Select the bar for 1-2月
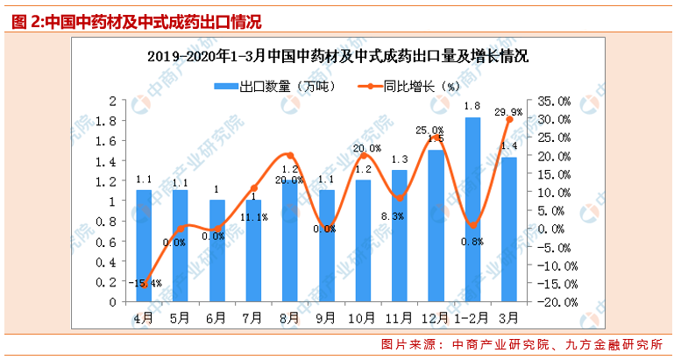coord(472,210)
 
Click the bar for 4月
coord(144,245)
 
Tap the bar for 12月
coord(436,226)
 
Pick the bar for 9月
coord(326,245)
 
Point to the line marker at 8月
coord(290,155)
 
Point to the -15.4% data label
coord(146,283)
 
